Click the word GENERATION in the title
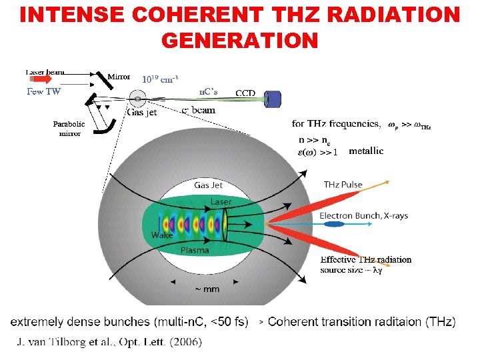point(239,40)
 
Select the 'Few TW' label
point(44,92)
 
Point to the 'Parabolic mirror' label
point(69,129)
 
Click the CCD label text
point(245,93)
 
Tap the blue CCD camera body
point(273,99)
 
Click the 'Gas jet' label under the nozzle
point(141,112)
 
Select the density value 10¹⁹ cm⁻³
point(159,79)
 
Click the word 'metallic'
point(366,151)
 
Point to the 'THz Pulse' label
point(343,185)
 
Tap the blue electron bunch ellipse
point(333,225)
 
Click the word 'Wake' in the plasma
point(162,235)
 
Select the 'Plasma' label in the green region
point(195,251)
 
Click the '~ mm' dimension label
point(206,289)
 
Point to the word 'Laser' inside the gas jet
point(221,201)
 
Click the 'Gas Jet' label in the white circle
point(209,185)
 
